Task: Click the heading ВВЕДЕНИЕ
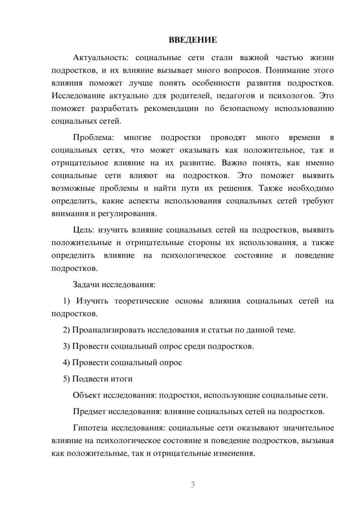point(193,40)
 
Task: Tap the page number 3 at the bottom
point(193,485)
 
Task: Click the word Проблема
point(93,138)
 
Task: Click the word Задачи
point(86,284)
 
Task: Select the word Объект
point(86,395)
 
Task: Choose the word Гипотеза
point(90,428)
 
